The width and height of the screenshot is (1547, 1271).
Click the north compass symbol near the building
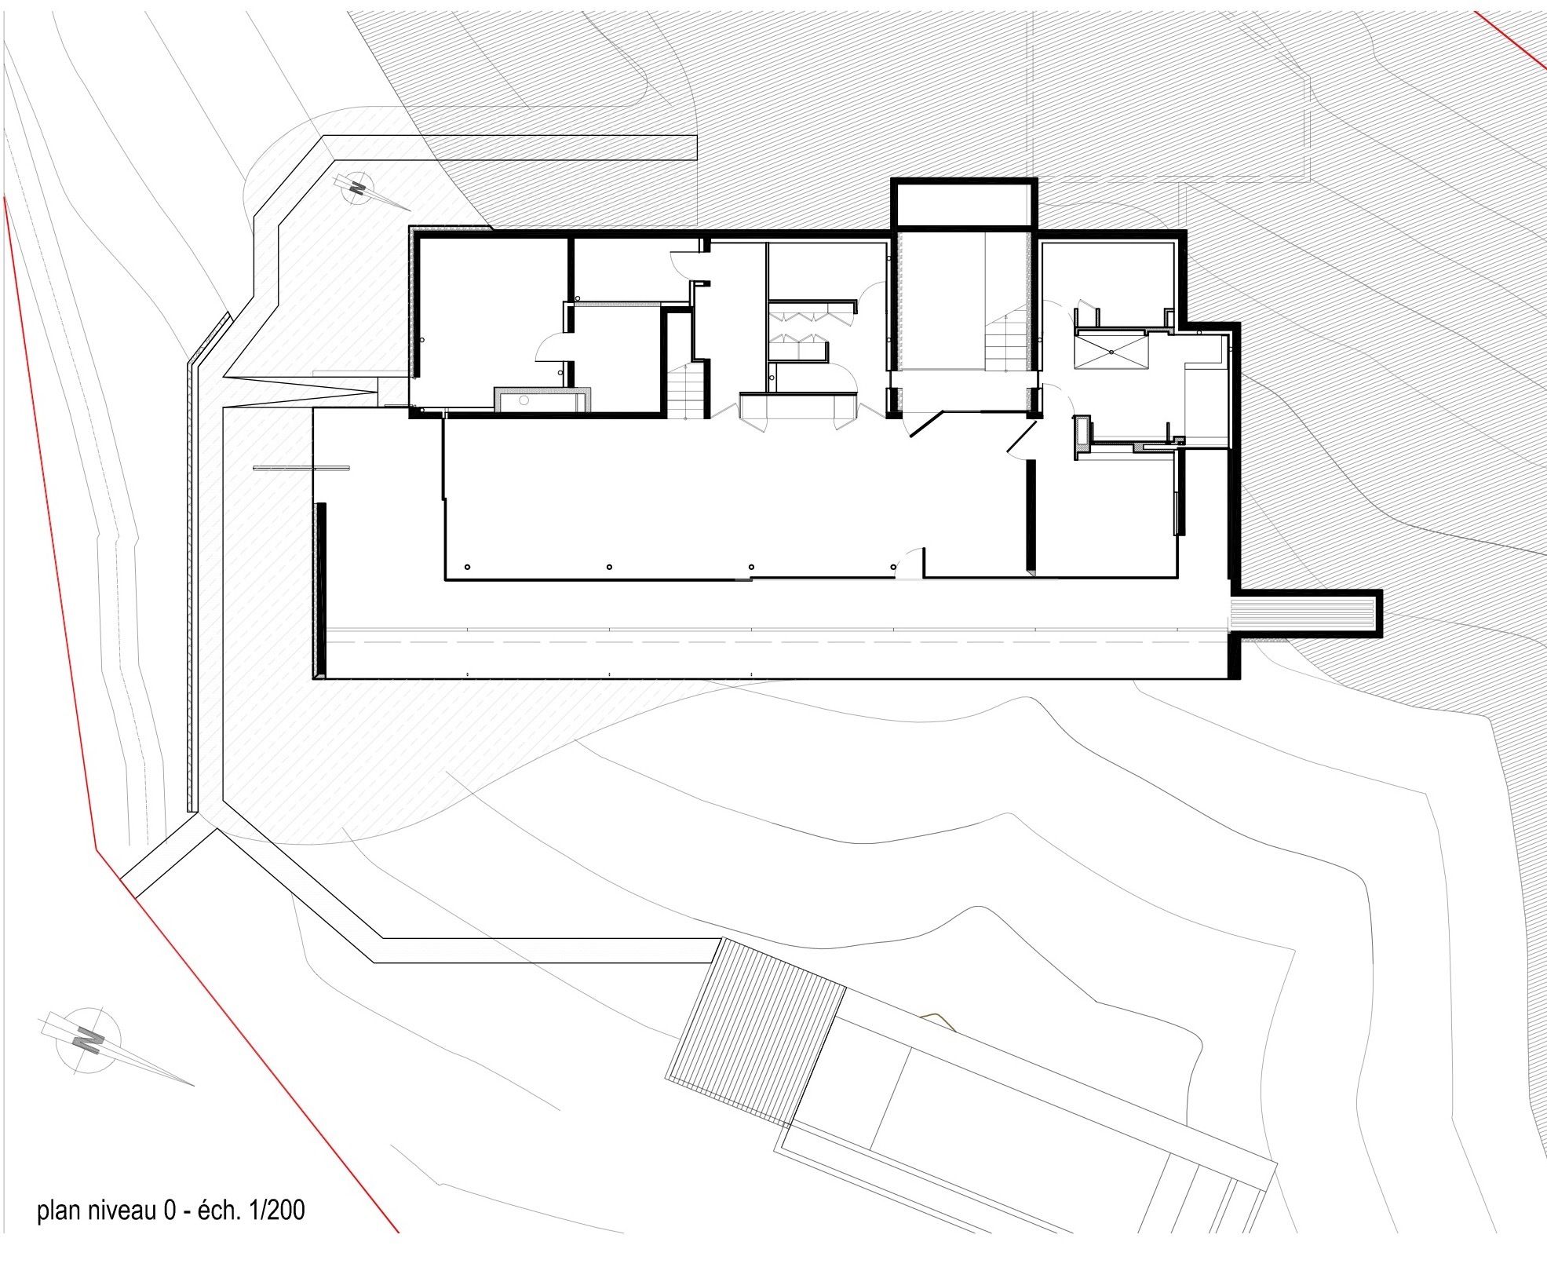click(362, 189)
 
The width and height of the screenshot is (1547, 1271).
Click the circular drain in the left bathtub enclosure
click(523, 400)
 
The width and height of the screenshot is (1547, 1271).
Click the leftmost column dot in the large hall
click(468, 567)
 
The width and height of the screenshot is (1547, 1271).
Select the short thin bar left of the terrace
click(301, 469)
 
